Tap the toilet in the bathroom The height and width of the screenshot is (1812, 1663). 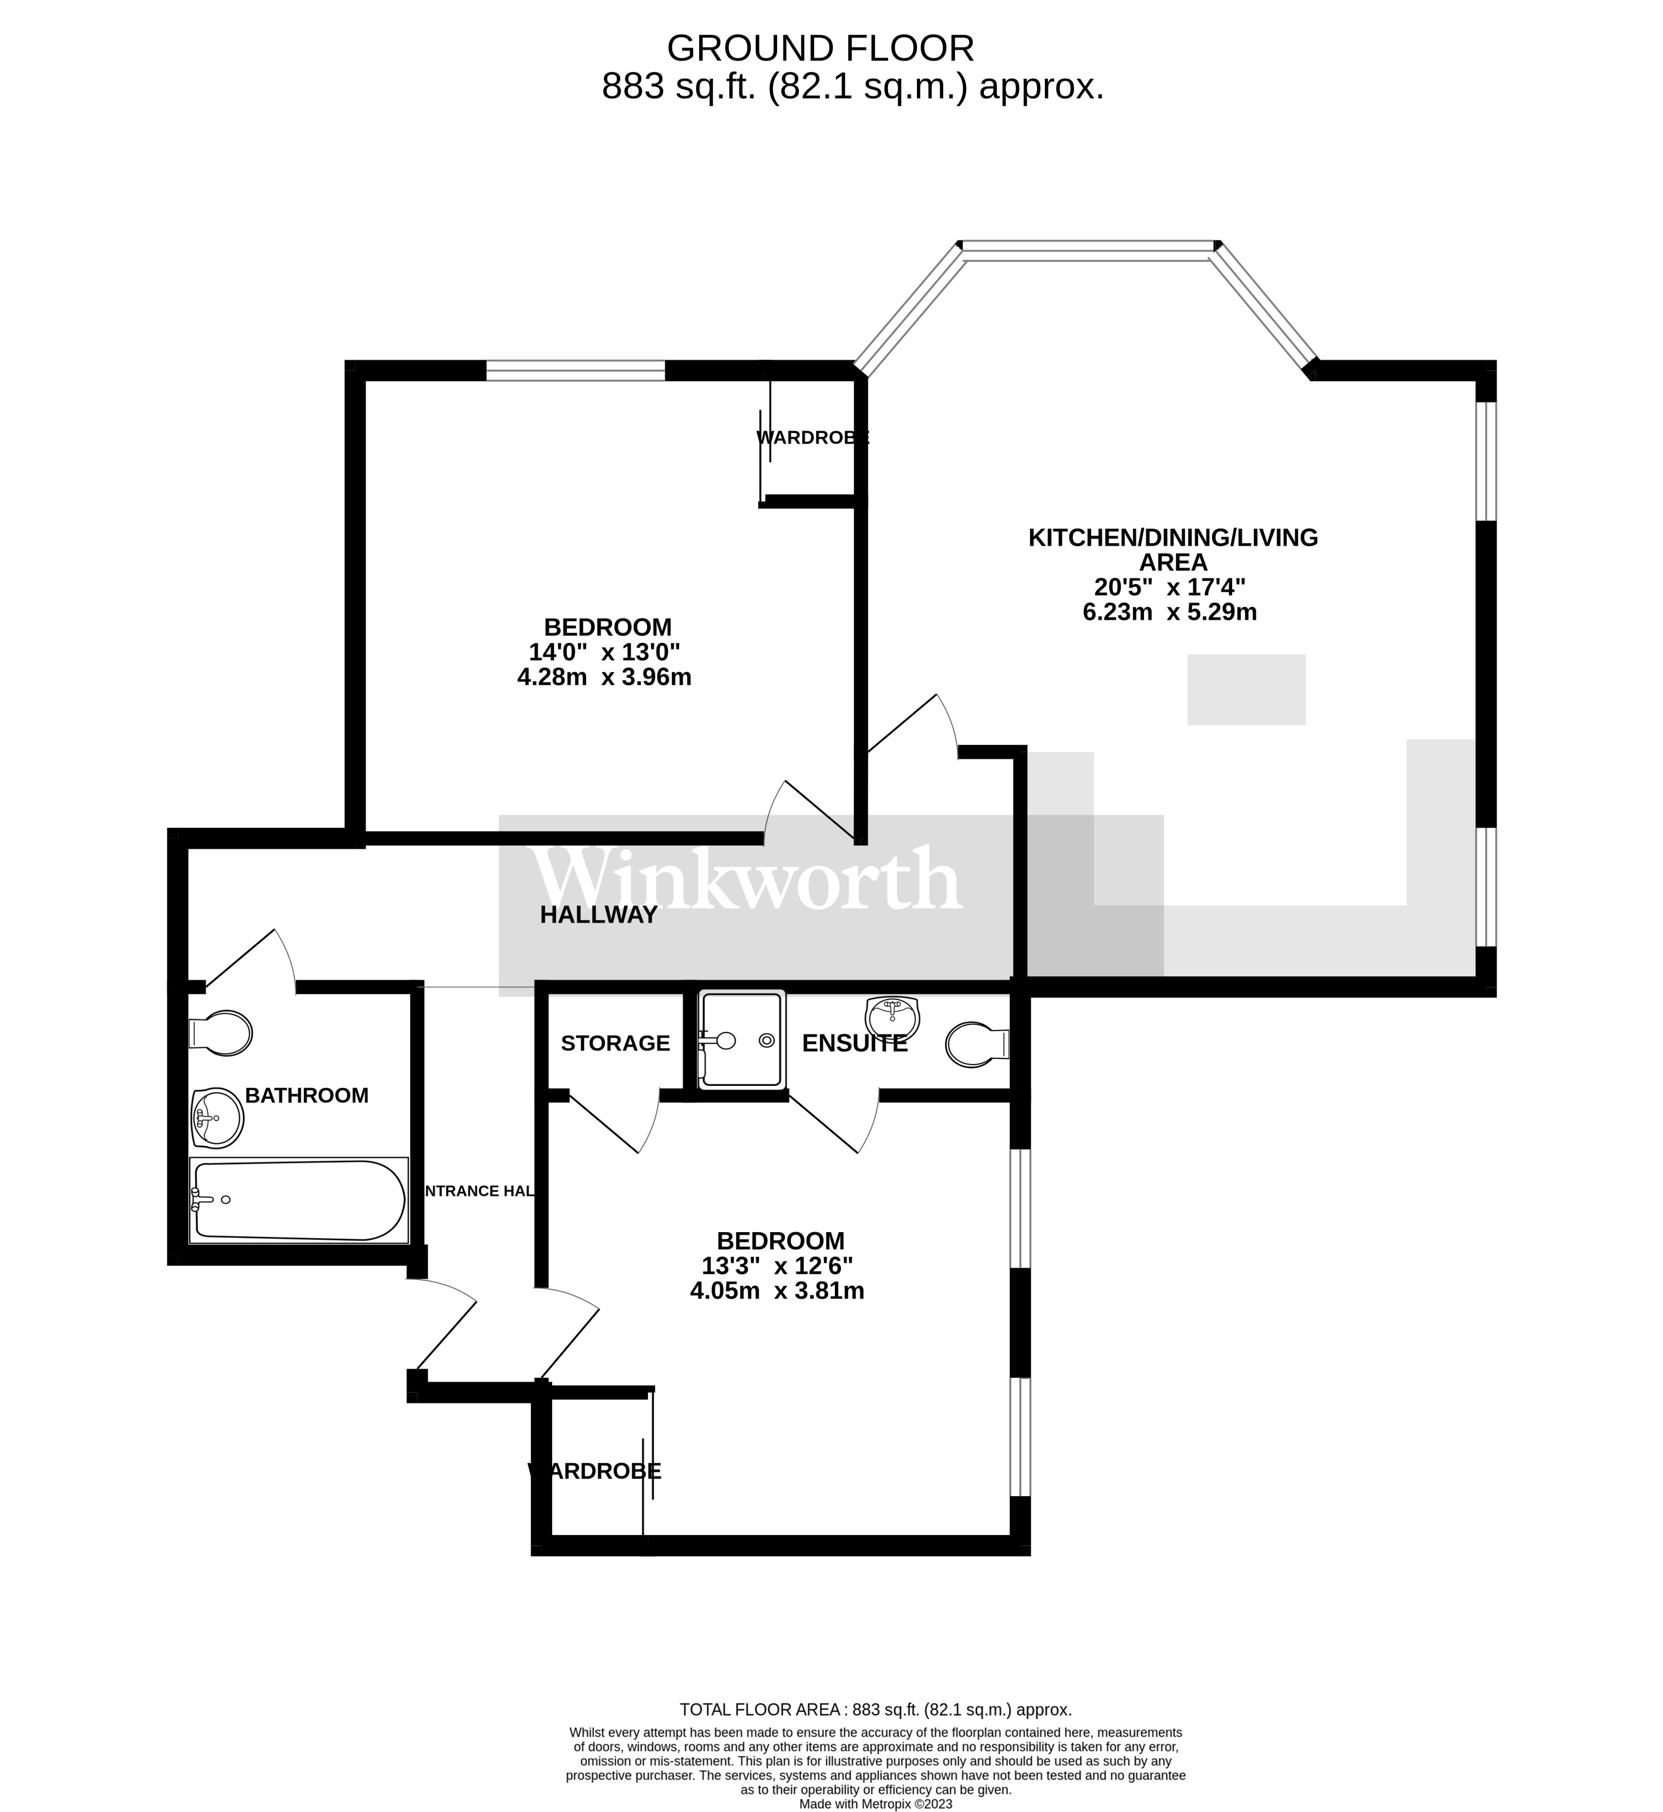[x=220, y=1034]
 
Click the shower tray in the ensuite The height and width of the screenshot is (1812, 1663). [x=741, y=1040]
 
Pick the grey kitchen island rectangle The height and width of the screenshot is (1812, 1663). [x=1247, y=690]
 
